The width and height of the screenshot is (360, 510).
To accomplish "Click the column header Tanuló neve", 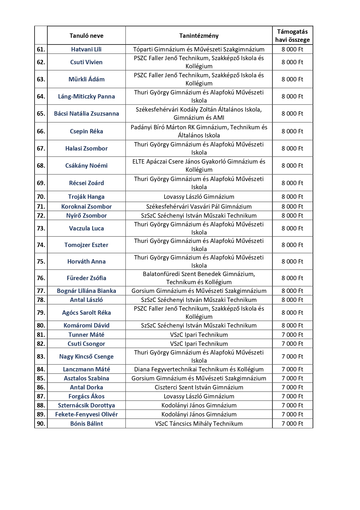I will coord(86,36).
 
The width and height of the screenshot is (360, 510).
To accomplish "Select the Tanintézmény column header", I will coord(199,36).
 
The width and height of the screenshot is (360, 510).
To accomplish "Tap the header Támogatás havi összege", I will coord(292,36).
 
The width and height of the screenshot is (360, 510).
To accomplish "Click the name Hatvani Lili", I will coord(86,49).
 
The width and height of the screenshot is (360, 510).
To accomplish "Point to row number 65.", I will coord(41,114).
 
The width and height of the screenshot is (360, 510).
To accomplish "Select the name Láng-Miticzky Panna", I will coord(86,96).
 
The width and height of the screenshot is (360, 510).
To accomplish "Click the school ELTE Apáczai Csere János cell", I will coord(199,166).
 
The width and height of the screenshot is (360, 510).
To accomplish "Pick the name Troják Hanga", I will coord(86,197).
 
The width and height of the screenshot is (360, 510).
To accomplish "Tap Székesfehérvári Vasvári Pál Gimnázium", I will coord(199,207).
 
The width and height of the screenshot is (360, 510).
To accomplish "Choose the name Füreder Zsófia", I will coord(86,278).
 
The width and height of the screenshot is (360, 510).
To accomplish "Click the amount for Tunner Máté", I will coord(292,335).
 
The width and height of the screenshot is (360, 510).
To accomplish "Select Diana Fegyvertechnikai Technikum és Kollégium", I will coord(199,369).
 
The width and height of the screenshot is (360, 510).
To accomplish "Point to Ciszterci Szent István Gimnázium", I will coord(199,387).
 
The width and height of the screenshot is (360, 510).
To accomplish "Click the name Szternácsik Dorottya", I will coord(86,405).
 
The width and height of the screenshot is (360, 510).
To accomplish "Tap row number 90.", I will coord(41,424).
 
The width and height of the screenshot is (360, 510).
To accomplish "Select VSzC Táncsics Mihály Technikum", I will coord(199,424).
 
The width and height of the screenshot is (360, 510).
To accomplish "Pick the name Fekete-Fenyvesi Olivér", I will coord(86,414).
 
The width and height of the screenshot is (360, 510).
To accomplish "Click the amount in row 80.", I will coord(292,325).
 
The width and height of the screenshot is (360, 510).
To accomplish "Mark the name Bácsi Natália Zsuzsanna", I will coord(86,114).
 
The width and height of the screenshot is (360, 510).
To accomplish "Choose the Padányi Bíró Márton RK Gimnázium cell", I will coord(199,131).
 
